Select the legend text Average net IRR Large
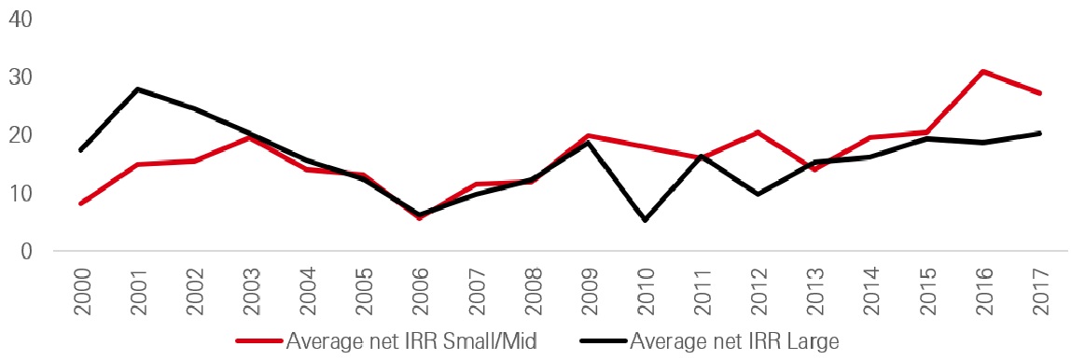[735, 341]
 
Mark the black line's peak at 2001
[138, 90]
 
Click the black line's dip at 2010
[645, 220]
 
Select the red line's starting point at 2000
[81, 203]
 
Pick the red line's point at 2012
[758, 132]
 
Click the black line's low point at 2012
[758, 194]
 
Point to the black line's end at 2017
[1039, 133]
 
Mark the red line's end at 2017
[1039, 93]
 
